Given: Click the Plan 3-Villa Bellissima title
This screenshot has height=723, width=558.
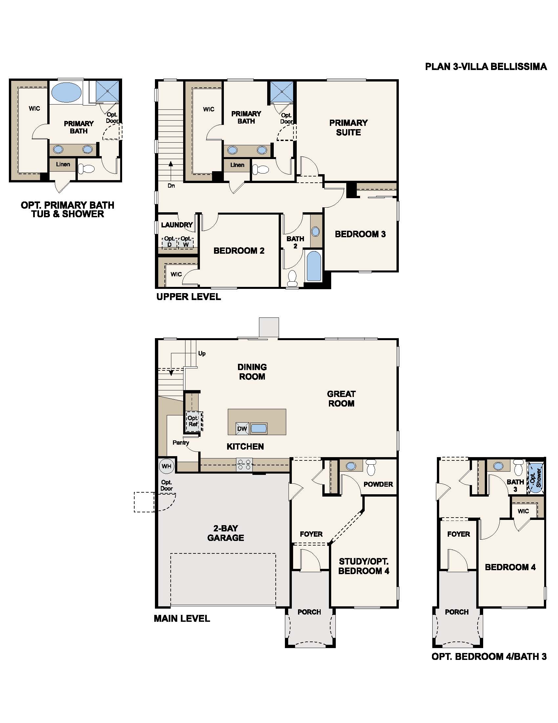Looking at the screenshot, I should tap(485, 66).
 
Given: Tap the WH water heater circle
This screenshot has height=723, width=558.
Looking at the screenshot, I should tap(166, 466).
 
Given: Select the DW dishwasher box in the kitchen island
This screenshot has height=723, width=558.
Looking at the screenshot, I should tap(242, 429).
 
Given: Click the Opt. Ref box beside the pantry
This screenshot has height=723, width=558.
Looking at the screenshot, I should tap(193, 421).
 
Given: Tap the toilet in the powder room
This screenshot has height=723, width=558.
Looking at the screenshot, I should tap(371, 466).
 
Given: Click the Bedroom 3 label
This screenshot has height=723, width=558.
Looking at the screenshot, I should tap(360, 234).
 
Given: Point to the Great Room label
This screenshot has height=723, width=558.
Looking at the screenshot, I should tap(341, 399).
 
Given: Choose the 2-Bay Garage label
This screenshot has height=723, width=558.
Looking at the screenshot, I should tap(225, 533).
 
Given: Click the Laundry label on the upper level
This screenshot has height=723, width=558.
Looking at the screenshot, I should tap(177, 225).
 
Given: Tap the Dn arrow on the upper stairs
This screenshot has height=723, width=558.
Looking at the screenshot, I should tap(171, 169).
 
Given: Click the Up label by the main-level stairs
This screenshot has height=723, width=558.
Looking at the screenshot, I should tap(202, 353).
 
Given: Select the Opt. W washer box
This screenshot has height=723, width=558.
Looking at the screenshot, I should tap(186, 242).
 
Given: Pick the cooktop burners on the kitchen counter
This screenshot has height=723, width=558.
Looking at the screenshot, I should tap(244, 465).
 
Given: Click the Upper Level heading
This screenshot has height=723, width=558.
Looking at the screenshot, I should tap(188, 297).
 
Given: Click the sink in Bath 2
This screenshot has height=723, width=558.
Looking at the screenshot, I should tap(316, 231).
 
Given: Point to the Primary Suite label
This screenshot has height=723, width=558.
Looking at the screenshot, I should tap(348, 128).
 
